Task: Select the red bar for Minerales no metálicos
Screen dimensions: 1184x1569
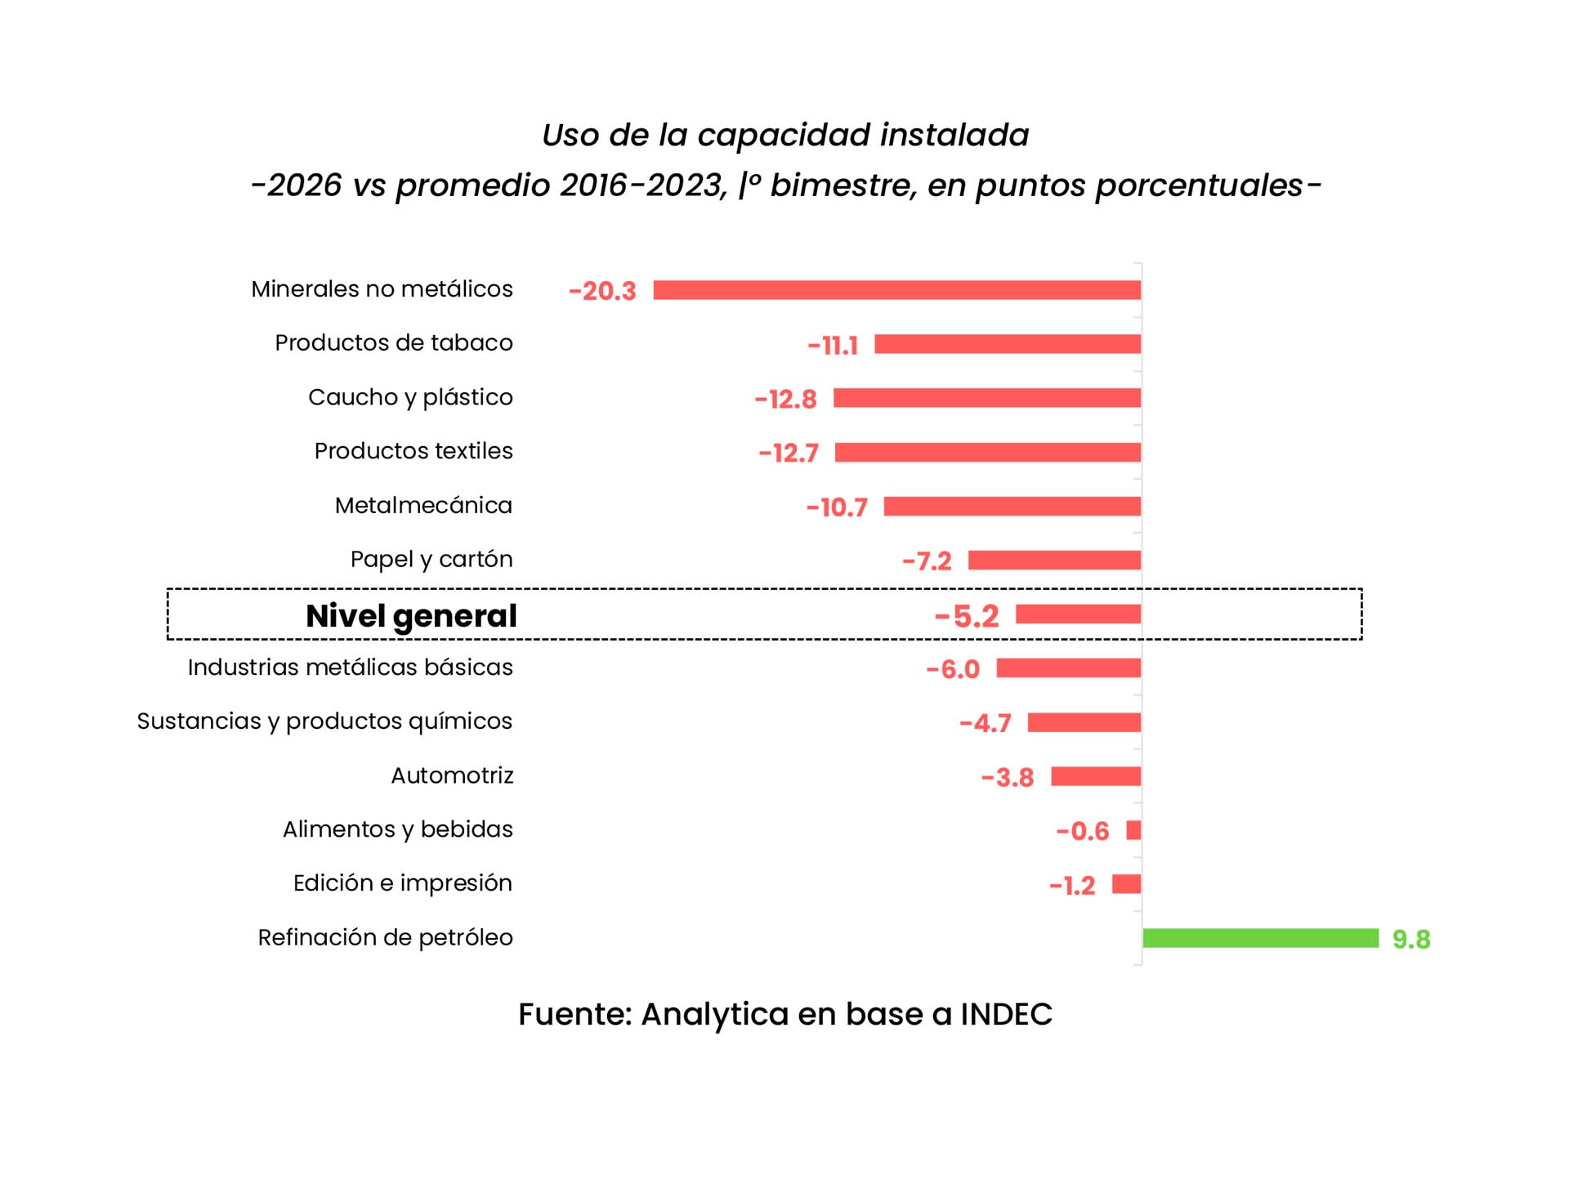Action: tap(896, 290)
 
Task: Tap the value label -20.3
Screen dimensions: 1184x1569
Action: tap(602, 291)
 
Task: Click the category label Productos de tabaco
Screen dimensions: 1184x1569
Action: tap(393, 343)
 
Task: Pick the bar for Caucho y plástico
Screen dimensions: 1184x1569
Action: tap(986, 398)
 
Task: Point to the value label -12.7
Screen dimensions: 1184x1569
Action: tap(789, 453)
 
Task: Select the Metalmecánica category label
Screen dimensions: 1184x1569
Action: tap(423, 506)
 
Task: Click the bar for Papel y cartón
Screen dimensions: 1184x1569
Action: tap(1054, 560)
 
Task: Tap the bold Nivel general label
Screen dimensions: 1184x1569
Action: tap(411, 616)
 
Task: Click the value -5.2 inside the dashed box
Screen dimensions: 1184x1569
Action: tap(967, 616)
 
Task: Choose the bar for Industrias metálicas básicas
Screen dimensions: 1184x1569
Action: tap(1068, 668)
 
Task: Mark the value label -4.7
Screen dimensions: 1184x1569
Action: tap(986, 723)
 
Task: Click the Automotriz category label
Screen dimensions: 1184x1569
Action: tap(452, 775)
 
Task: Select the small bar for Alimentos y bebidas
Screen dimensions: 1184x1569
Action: tap(1133, 830)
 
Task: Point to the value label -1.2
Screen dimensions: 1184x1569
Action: tap(1072, 886)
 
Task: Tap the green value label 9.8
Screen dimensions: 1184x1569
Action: tap(1411, 940)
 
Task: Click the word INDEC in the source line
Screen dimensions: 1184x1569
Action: tap(1006, 1014)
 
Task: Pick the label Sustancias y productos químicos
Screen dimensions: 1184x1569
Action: tap(324, 722)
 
